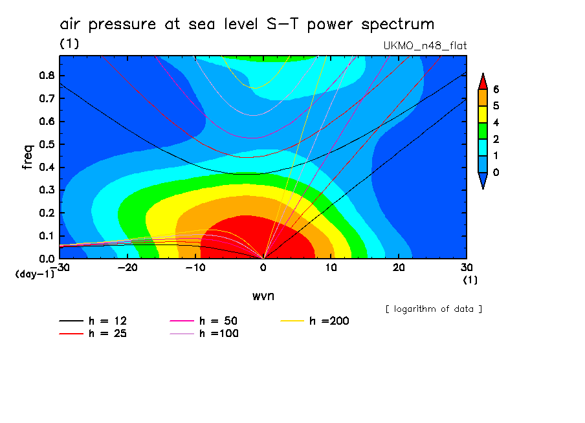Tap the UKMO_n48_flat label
(425, 45)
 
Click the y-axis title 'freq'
(27, 157)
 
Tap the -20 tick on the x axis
(127, 268)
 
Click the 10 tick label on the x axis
(331, 268)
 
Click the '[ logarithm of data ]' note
(434, 309)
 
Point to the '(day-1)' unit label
(34, 274)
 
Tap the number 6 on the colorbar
(496, 89)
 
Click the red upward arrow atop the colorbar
(482, 80)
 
